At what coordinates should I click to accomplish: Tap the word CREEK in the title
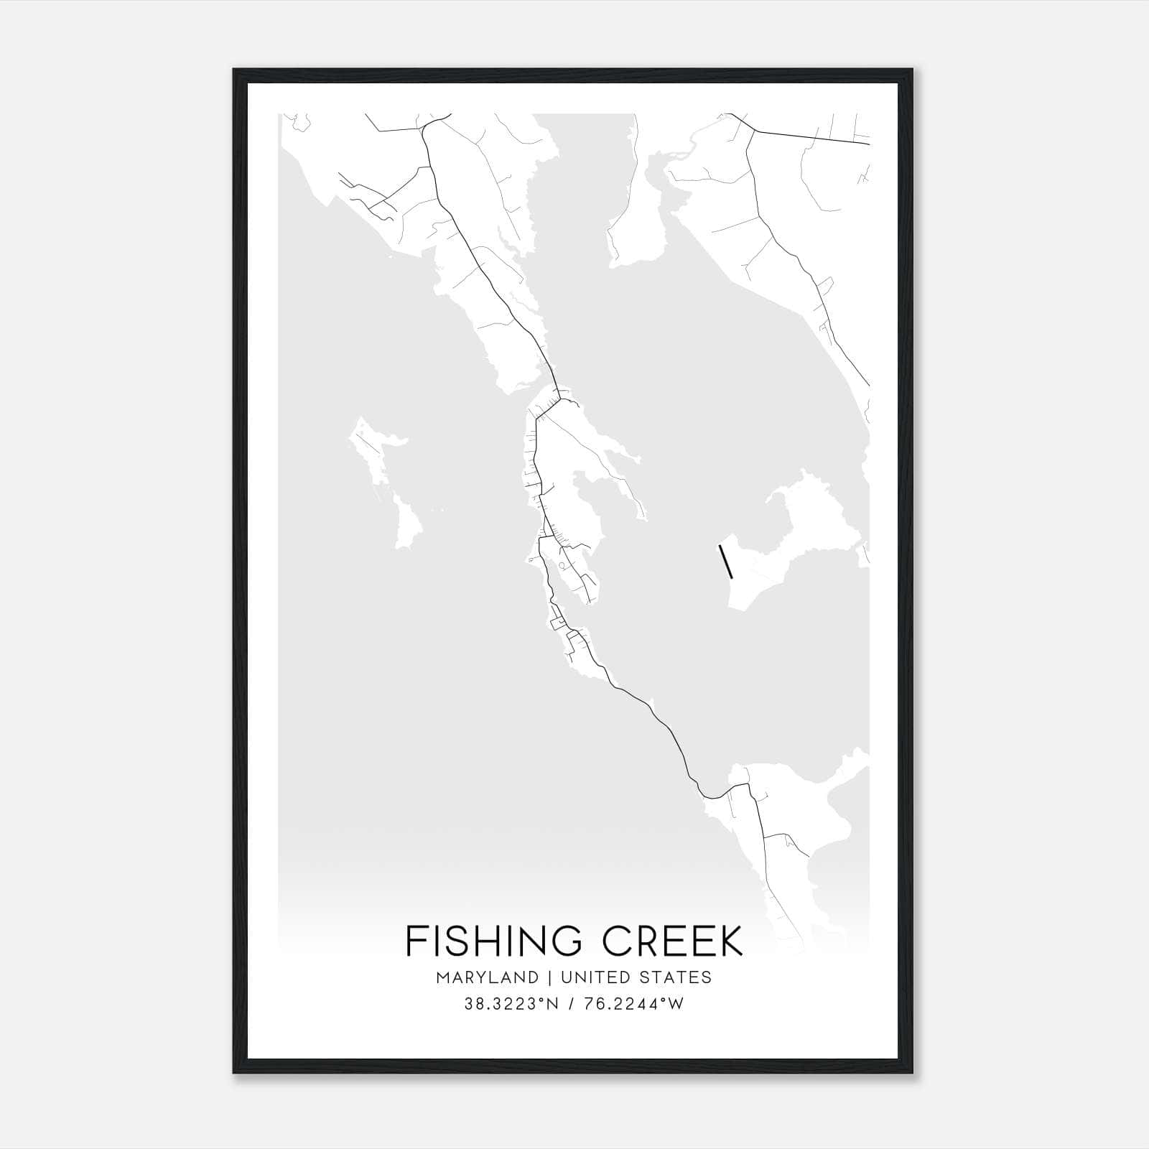[673, 941]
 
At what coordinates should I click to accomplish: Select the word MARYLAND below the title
[487, 977]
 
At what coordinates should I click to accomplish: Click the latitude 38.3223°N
[511, 1004]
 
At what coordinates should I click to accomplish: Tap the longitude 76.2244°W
[634, 1004]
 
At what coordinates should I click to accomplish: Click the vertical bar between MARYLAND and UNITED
[550, 977]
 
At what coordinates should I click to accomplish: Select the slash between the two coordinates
[572, 1004]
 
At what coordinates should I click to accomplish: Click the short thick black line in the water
[725, 561]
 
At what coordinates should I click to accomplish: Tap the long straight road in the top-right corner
[811, 137]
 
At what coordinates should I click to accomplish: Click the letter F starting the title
[416, 941]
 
